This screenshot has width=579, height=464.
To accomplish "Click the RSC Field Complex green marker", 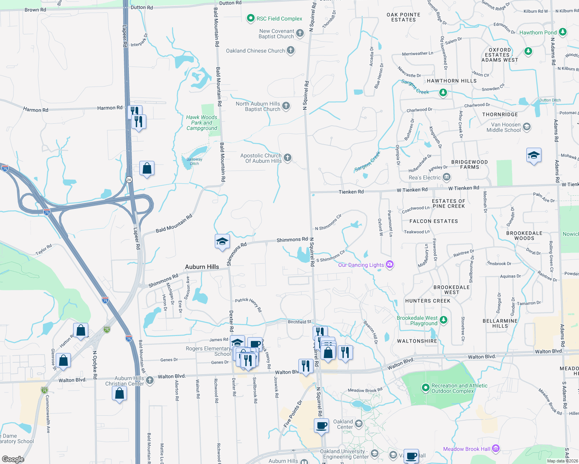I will (251, 18).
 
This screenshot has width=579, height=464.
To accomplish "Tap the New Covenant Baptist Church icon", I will (300, 33).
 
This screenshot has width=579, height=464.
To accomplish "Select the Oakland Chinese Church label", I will (255, 51).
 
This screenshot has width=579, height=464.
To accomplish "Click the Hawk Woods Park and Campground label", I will (202, 123).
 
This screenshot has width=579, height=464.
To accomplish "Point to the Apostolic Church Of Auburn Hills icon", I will (288, 157).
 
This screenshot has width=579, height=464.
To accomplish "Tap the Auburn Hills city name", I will (202, 267).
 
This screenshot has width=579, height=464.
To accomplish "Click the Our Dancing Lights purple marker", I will (390, 264).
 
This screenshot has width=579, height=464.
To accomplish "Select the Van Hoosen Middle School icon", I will (526, 126).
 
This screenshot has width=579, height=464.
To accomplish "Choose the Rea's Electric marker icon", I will (446, 177).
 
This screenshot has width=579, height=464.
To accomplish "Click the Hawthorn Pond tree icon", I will (563, 32).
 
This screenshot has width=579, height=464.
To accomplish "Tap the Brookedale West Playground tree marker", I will (444, 320).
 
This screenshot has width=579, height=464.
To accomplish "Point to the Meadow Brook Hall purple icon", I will (496, 449).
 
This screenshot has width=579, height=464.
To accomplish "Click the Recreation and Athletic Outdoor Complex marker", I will (425, 387).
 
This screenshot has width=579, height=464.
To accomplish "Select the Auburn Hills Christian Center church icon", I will (150, 380).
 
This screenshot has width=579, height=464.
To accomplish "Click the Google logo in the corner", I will (13, 459).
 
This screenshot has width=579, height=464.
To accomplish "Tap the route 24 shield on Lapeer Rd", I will (129, 179).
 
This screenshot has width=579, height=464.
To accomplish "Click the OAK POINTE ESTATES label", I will (403, 17).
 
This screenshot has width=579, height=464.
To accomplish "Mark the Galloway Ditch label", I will (194, 161).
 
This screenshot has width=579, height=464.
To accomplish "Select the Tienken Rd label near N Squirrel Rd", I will (351, 192).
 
